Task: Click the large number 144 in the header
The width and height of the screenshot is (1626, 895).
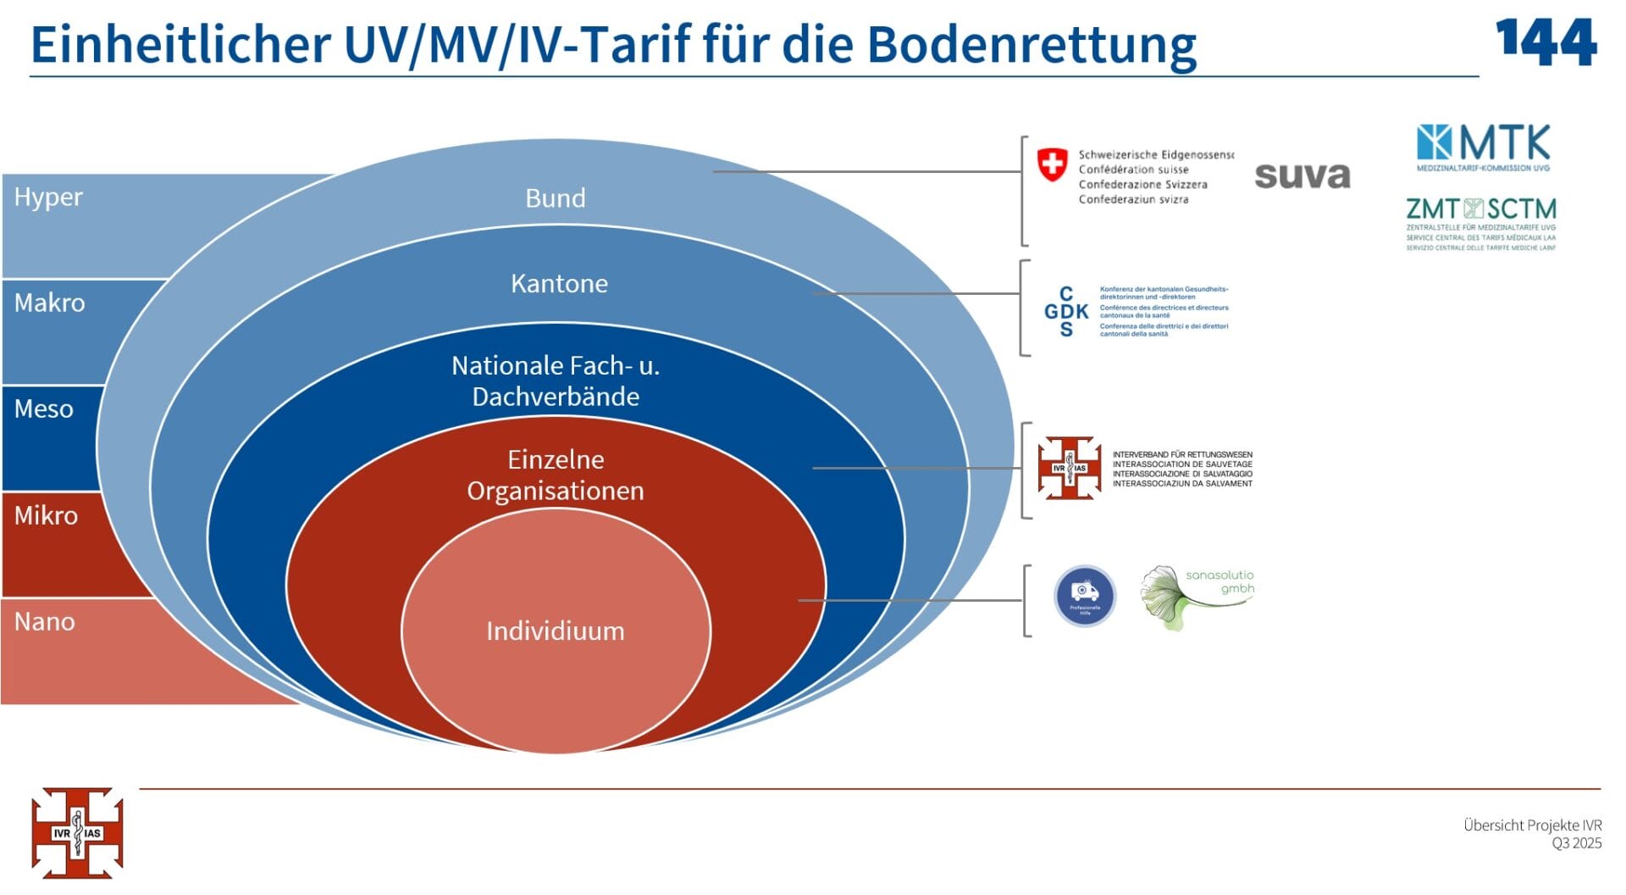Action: point(1546,42)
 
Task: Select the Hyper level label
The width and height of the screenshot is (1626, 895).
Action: point(48,197)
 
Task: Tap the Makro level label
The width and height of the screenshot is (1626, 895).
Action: point(49,303)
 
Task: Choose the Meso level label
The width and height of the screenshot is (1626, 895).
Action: point(43,409)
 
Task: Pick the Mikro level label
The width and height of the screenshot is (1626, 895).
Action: point(46,515)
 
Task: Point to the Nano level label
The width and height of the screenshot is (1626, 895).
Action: point(44,621)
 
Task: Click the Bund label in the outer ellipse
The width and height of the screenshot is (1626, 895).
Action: point(555,197)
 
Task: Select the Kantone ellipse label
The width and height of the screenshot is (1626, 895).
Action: point(559,283)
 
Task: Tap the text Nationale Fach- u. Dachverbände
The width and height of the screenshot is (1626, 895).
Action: point(555,381)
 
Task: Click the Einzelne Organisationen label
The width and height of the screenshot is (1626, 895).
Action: point(555,475)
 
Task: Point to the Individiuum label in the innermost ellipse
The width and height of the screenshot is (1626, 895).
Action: point(555,631)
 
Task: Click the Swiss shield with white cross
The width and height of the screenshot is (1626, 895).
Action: point(1052,164)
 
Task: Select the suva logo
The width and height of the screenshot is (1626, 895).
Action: point(1302,175)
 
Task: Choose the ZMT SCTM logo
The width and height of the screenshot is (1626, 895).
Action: point(1480,222)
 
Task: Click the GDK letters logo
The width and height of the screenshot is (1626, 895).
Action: point(1065,311)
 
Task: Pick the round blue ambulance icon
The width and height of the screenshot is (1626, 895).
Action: point(1084,595)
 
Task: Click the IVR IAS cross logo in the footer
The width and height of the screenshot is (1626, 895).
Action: point(77,832)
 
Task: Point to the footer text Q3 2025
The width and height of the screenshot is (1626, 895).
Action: point(1576,843)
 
